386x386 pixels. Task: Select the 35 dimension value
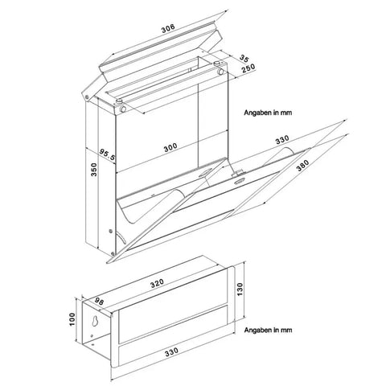[x=244, y=60]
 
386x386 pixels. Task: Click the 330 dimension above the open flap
[x=281, y=140]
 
